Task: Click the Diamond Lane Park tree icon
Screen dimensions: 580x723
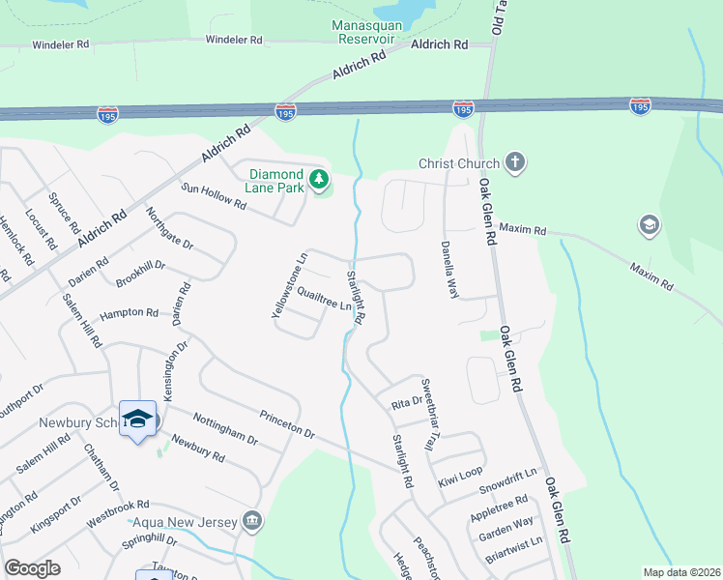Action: (319, 179)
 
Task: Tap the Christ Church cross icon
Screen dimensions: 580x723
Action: (515, 162)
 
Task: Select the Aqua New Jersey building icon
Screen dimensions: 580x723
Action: (252, 522)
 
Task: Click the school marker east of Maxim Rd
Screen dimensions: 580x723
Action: (650, 226)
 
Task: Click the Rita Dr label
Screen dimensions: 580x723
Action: (407, 403)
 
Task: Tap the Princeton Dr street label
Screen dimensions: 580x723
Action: (287, 424)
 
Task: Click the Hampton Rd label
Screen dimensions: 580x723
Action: (129, 313)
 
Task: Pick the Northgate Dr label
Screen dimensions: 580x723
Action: (171, 228)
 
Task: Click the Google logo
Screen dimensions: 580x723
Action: (32, 568)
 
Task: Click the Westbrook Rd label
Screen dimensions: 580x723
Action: (117, 505)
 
